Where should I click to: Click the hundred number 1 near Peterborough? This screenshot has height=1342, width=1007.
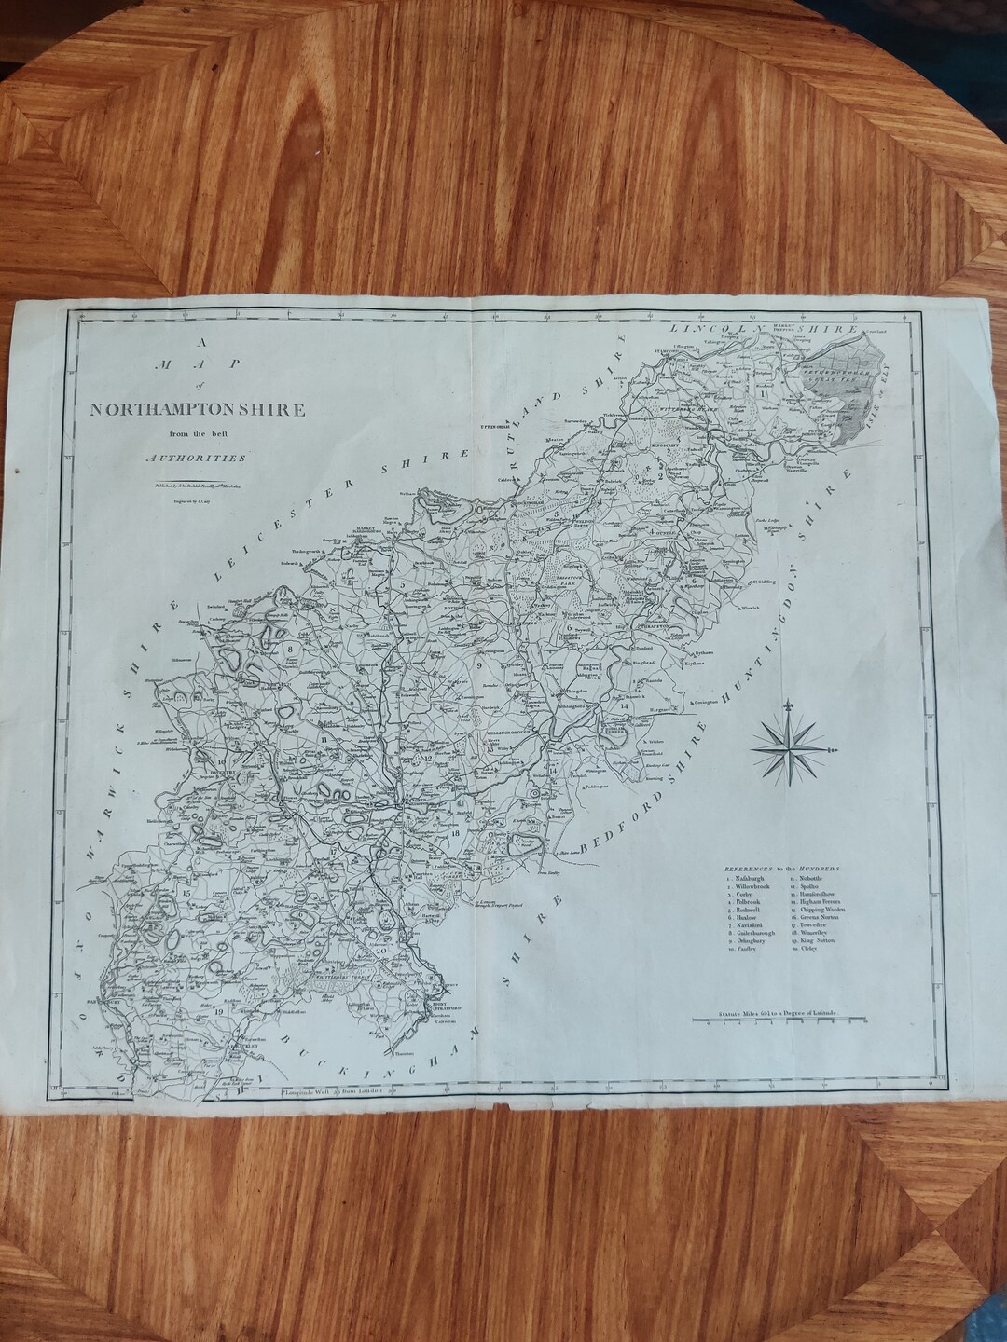[765, 394]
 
